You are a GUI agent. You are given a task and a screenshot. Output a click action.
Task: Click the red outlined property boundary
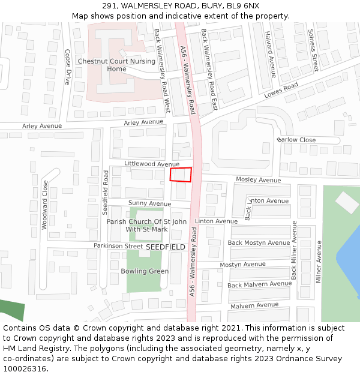point(181,175)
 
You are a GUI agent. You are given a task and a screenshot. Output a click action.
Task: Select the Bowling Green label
point(145,271)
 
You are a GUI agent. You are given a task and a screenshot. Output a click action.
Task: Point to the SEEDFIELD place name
point(166,247)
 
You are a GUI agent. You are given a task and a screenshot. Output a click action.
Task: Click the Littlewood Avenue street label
point(152,164)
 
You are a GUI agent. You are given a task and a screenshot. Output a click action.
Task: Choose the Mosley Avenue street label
point(258,180)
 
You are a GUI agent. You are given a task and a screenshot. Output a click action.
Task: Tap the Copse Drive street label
point(68,67)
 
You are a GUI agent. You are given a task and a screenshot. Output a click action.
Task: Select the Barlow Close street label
point(296,140)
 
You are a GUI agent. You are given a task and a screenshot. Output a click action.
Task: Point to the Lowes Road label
point(281,91)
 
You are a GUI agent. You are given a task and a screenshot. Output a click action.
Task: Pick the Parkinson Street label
point(118,246)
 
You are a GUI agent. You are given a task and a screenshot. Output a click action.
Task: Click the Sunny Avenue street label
point(149,204)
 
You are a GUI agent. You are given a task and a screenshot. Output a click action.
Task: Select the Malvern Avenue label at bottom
point(254,305)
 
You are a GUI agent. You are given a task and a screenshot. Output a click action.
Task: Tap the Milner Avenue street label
point(319,262)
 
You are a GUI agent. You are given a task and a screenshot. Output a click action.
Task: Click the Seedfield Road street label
point(106,193)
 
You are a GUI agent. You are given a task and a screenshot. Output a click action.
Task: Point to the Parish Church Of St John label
point(146,221)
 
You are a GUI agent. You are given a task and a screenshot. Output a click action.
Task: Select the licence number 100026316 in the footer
point(26,368)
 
